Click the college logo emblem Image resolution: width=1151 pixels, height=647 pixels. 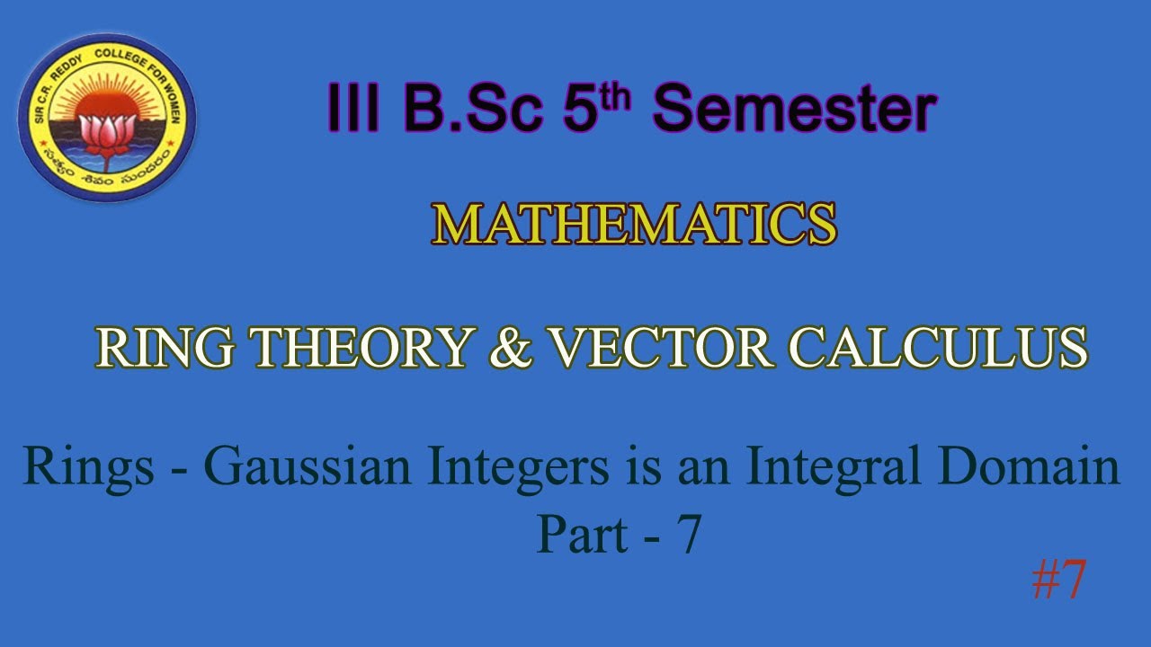click(x=107, y=118)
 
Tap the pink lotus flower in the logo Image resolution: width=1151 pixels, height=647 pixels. click(x=106, y=133)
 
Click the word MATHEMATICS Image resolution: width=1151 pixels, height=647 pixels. click(x=634, y=225)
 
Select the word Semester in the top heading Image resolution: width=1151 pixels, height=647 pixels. click(x=795, y=111)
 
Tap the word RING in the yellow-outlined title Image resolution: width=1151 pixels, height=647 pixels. click(x=161, y=348)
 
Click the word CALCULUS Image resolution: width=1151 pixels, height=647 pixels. click(x=938, y=348)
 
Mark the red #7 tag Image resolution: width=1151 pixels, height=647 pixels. click(x=1059, y=580)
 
